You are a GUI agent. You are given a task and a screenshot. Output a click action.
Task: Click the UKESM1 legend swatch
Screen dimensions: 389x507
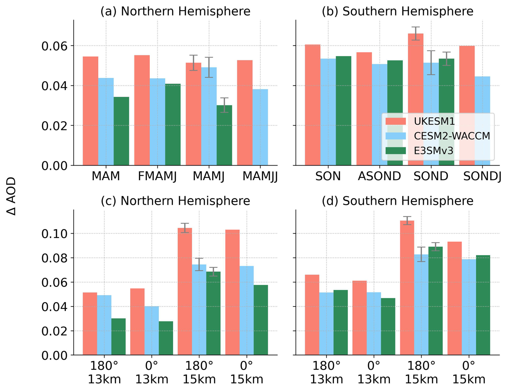396,121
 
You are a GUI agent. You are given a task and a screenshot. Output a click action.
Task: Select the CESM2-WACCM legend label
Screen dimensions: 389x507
452,136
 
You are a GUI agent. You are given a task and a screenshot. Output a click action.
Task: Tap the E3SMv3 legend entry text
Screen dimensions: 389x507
433,151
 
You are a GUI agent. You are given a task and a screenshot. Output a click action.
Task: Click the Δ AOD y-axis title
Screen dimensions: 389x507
12,196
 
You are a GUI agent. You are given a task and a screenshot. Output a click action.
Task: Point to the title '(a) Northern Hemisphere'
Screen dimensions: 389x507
175,12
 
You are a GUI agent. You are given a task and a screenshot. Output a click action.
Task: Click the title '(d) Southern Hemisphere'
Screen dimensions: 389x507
397,201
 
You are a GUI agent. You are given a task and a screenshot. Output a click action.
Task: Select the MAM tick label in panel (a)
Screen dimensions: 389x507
106,176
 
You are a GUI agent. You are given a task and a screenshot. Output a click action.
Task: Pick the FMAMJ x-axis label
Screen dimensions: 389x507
157,176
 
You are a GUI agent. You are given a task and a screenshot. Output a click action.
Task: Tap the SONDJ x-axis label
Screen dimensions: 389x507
482,176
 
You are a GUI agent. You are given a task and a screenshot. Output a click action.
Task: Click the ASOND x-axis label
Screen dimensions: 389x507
379,176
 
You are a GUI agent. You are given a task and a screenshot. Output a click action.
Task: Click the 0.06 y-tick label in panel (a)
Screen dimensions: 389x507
54,46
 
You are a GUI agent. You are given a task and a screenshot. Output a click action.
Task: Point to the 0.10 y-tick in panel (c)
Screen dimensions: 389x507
54,234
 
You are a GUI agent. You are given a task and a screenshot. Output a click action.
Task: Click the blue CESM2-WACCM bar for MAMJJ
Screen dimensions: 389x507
260,127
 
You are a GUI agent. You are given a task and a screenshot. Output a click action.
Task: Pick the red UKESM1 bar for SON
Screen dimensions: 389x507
312,105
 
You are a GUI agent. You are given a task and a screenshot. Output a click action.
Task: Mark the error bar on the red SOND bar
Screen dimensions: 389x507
416,34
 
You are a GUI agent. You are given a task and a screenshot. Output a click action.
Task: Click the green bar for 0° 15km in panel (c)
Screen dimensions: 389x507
260,320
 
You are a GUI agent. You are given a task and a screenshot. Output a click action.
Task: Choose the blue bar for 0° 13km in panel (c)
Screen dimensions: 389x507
152,330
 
